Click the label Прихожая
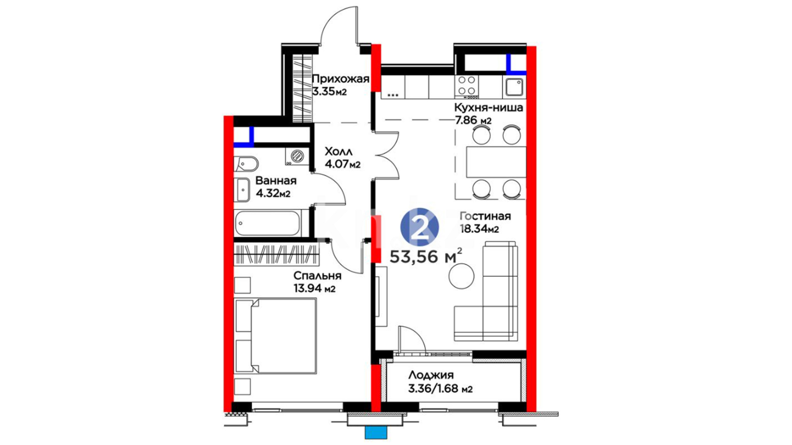340,79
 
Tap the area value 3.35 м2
329,91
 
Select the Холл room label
339,151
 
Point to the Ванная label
276,180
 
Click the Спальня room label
317,276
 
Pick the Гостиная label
485,216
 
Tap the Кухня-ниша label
488,108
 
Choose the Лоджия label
431,375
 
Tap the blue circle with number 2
420,227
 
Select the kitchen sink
514,87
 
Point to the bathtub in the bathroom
268,223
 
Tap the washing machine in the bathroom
297,156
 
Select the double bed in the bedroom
275,336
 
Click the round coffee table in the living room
462,276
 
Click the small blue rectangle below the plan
376,433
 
